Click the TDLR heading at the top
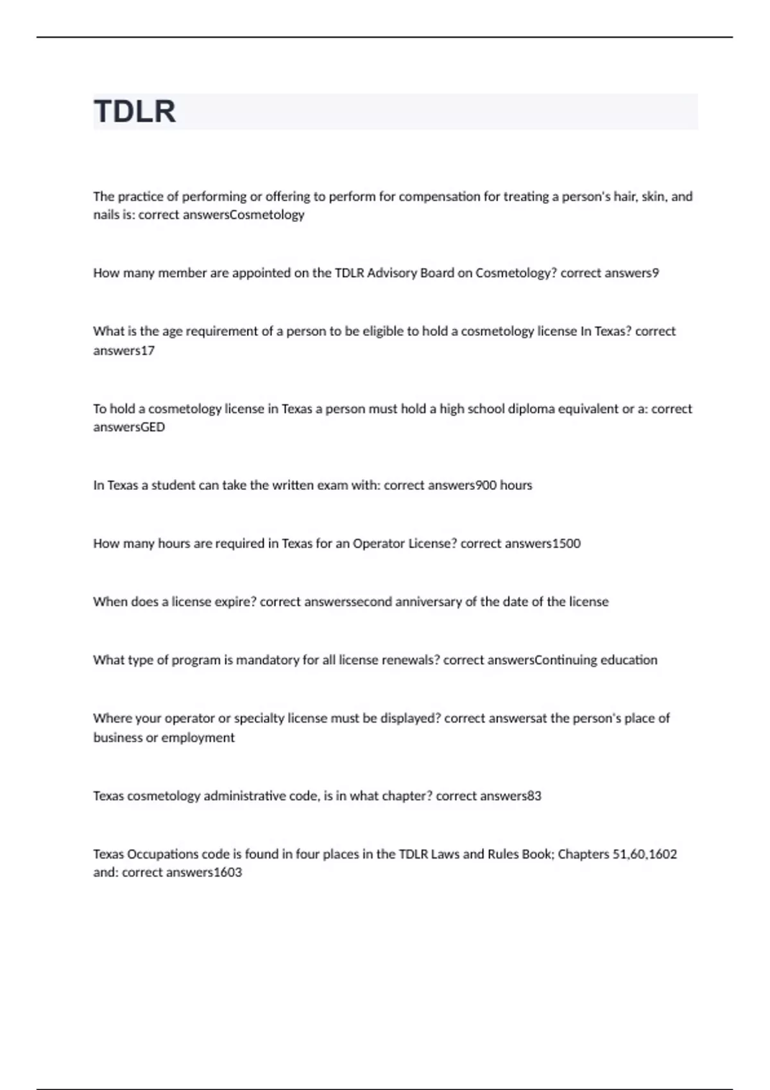(135, 112)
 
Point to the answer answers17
(124, 351)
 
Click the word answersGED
(129, 427)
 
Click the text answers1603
(203, 873)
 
